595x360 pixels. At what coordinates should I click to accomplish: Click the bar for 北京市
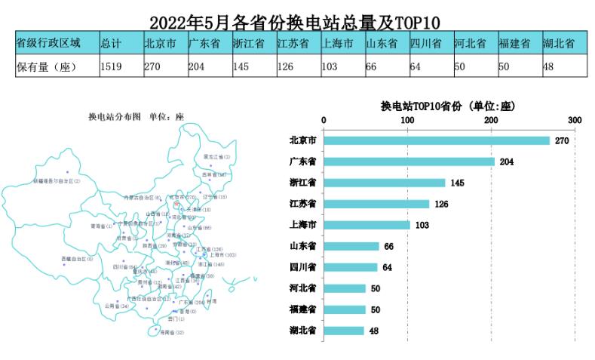coord(437,140)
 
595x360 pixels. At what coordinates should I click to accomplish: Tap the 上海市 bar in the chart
coord(367,225)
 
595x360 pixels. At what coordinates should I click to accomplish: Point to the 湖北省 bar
coord(344,331)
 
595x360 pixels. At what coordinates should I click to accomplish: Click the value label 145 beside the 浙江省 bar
coord(458,183)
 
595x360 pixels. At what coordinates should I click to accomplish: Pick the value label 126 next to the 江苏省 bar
coord(442,204)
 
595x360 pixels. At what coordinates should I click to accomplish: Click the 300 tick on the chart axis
coord(575,120)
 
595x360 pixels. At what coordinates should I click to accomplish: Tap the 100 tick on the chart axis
coord(408,120)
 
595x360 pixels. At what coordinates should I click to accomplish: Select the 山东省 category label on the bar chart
coord(302,246)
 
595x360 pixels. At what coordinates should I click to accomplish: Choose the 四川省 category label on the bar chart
coord(302,267)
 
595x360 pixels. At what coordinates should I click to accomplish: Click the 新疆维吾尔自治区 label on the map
coord(57,181)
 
